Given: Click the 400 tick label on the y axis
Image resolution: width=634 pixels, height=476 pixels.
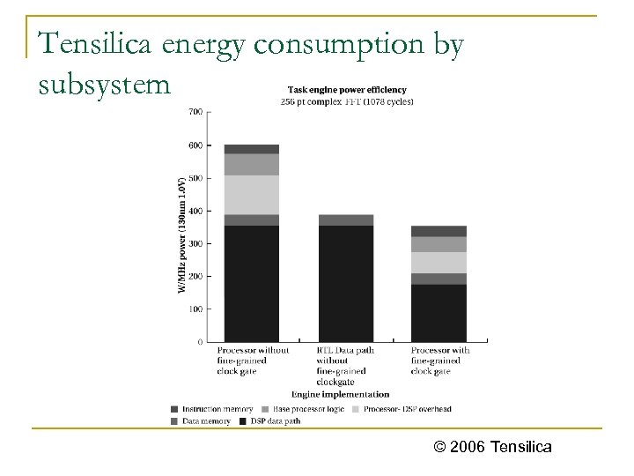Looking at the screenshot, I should (x=194, y=211).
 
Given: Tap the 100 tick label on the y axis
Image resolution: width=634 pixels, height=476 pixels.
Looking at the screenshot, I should (x=194, y=309).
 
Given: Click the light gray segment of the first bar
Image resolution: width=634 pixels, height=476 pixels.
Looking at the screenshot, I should (x=251, y=194).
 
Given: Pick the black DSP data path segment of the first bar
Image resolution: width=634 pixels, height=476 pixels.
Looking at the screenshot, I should (x=251, y=282).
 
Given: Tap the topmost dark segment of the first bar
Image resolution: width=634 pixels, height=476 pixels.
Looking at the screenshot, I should (x=251, y=149).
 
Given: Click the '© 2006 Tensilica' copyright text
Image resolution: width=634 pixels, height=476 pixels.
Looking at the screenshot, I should (x=493, y=447).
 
